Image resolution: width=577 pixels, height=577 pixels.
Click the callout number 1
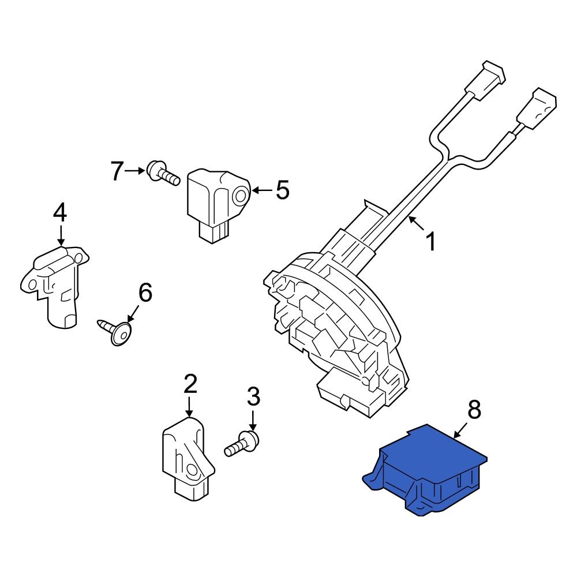coord(430,242)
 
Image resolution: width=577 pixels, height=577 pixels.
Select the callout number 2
coord(190,384)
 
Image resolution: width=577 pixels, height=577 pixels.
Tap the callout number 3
coord(253,396)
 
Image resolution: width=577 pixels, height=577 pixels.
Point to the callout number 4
coord(60,213)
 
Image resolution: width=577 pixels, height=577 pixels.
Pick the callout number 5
coord(282,190)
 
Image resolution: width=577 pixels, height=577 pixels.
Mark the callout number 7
coord(117,170)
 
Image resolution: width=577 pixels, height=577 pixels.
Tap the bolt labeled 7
coord(161,172)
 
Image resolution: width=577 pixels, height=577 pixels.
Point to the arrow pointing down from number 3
coord(253,418)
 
